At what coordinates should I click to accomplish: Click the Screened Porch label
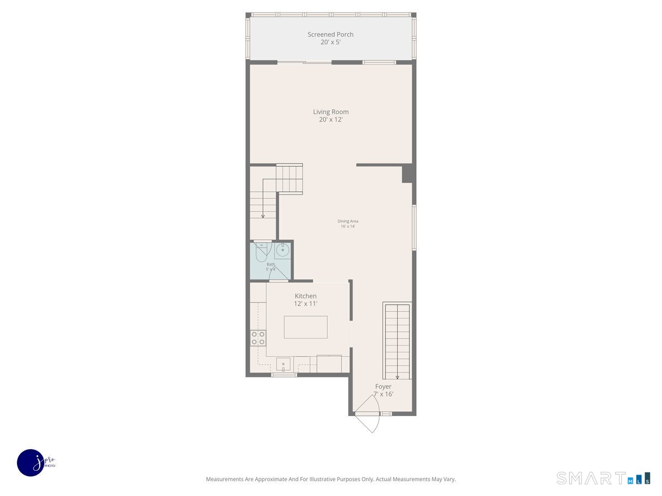330,34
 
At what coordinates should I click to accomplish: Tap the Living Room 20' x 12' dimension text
330,120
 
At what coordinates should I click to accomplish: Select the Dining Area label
348,221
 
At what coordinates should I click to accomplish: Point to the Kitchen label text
306,296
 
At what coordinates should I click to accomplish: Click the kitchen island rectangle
306,327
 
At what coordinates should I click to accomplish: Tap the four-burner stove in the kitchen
258,338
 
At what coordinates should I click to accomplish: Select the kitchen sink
283,364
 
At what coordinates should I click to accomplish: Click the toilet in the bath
261,251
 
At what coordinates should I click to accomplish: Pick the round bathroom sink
282,251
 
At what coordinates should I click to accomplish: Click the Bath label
271,264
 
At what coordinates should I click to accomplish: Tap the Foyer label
383,386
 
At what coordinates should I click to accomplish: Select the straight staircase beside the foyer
397,339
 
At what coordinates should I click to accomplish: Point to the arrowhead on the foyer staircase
397,377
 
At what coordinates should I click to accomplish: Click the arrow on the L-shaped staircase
263,215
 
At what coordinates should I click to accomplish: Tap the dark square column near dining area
408,174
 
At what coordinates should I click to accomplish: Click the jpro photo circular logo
31,462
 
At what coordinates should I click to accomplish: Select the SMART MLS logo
602,478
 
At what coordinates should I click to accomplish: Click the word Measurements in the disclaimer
225,479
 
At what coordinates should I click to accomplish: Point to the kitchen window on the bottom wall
284,375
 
